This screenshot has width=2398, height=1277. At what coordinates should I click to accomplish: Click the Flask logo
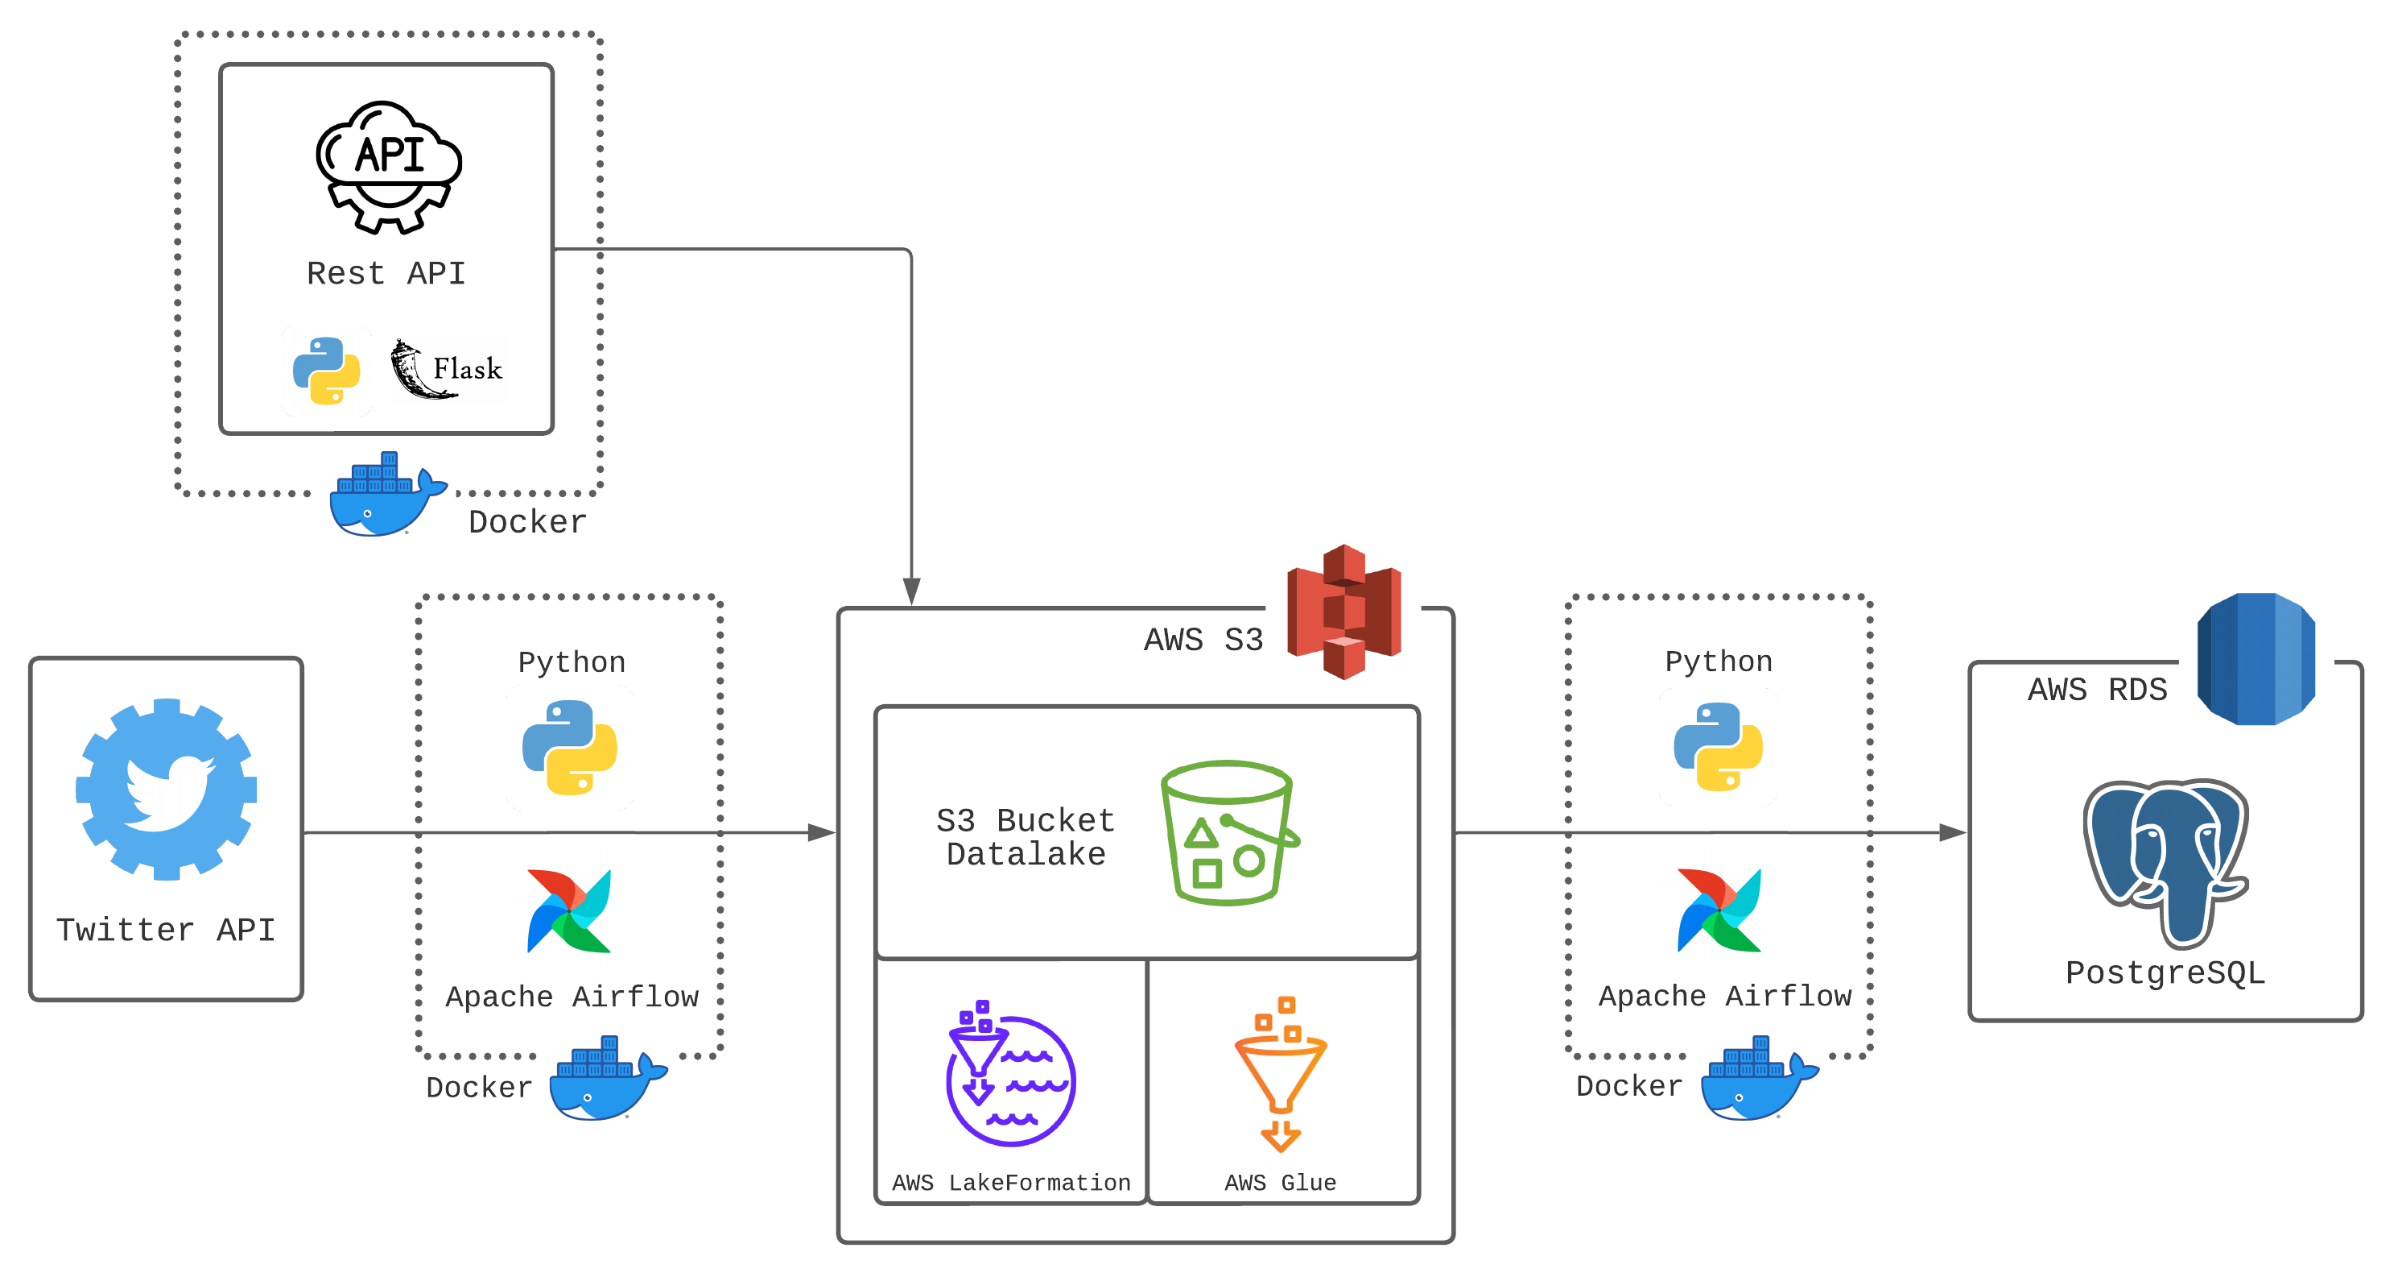click(x=446, y=369)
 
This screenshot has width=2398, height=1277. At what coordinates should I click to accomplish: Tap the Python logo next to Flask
click(x=326, y=371)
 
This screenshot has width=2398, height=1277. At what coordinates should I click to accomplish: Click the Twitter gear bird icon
click(x=166, y=789)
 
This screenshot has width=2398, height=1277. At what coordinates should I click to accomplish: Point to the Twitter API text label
click(x=166, y=930)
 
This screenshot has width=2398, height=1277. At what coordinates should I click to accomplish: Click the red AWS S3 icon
click(x=1343, y=612)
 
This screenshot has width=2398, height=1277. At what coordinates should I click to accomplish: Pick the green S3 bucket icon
click(x=1228, y=833)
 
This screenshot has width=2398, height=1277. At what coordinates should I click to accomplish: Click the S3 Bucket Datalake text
click(x=1025, y=836)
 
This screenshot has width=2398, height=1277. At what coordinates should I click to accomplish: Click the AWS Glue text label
click(x=1280, y=1182)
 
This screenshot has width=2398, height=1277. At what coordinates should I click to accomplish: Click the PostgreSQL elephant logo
click(x=2165, y=860)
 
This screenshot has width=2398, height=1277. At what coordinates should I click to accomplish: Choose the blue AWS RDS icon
click(x=2255, y=658)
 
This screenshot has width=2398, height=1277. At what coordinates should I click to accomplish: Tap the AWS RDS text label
click(x=2096, y=690)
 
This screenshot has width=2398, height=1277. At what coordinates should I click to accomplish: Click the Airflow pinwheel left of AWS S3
click(x=569, y=911)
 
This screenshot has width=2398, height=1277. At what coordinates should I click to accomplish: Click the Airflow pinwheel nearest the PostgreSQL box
click(x=1719, y=910)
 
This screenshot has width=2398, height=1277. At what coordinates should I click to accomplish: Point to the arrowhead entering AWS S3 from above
click(x=911, y=591)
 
